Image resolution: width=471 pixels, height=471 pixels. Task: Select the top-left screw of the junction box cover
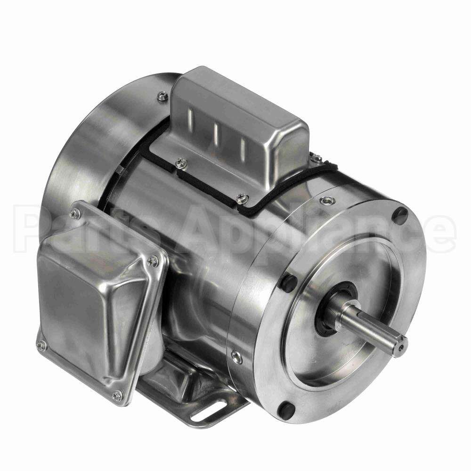click(x=75, y=213)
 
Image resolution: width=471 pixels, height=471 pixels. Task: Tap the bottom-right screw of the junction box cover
click(x=118, y=395)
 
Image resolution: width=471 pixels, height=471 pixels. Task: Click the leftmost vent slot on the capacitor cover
click(x=190, y=117)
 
